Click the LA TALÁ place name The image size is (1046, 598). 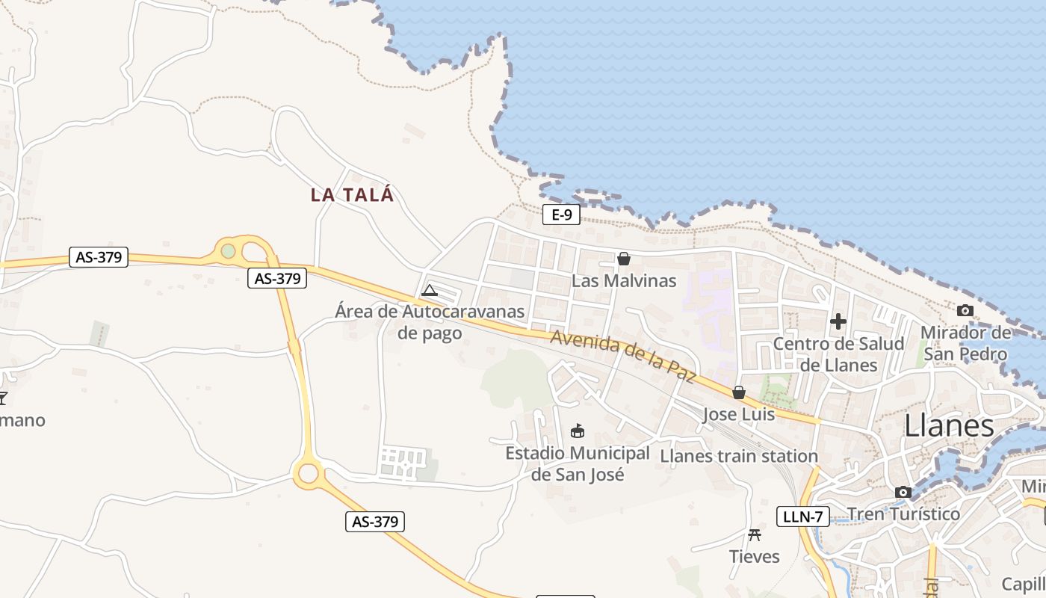click(352, 195)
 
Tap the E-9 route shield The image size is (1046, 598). click(561, 215)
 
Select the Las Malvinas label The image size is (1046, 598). click(624, 281)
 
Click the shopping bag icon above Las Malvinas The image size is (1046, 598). click(624, 259)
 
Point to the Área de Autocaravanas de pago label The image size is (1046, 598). click(430, 321)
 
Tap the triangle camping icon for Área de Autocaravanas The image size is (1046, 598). click(430, 290)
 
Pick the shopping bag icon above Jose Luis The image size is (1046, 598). click(739, 392)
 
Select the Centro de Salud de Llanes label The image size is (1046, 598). click(838, 354)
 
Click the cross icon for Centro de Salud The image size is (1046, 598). click(838, 321)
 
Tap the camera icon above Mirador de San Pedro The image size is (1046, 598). click(965, 310)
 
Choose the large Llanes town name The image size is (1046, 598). click(949, 426)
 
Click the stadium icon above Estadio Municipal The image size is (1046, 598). click(578, 431)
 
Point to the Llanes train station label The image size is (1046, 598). click(739, 456)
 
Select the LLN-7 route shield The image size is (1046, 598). click(803, 516)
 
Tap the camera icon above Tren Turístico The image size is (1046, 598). click(903, 492)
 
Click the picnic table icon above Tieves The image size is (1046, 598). click(755, 534)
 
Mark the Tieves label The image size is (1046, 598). click(755, 557)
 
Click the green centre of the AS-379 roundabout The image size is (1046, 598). click(229, 251)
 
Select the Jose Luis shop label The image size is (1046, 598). click(739, 414)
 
